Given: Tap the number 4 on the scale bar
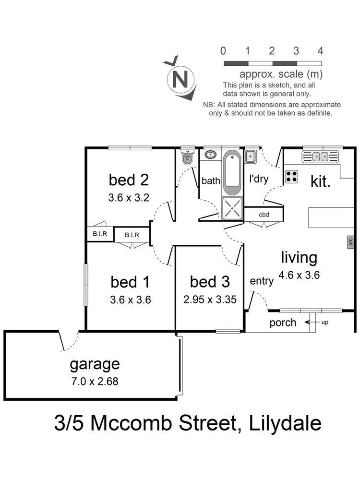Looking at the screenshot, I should (x=320, y=51).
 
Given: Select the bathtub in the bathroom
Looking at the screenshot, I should (x=232, y=174).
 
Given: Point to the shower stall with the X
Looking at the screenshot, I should (x=232, y=209).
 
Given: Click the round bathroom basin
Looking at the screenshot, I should (x=210, y=155).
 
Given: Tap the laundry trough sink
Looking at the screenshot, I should (x=250, y=156).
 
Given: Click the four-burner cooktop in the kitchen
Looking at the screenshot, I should (x=291, y=177).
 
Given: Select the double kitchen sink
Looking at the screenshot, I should (x=320, y=156).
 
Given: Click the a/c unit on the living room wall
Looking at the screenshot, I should (x=351, y=242).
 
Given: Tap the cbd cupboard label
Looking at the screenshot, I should (x=263, y=215).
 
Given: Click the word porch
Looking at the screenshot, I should (x=282, y=322).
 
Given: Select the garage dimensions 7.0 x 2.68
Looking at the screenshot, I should (x=95, y=382).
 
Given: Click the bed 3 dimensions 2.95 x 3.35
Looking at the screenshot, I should (x=210, y=300).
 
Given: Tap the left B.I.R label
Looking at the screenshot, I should (x=100, y=234).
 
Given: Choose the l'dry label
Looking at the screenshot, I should (x=259, y=179).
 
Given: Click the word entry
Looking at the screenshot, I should (x=262, y=281).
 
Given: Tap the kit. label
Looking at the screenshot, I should (x=321, y=181).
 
